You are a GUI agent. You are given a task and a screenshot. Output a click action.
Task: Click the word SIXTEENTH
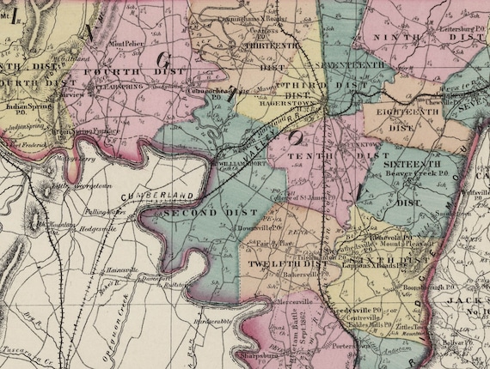(x=413, y=161)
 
